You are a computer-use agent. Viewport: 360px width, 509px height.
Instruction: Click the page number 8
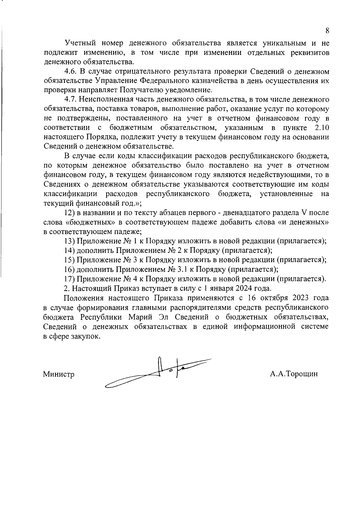[327, 31]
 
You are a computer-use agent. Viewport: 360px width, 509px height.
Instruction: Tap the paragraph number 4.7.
[70, 99]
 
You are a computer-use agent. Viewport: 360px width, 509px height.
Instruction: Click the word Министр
[59, 374]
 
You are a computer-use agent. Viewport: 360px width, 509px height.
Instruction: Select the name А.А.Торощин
[294, 374]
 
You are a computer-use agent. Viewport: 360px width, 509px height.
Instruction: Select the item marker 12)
[69, 213]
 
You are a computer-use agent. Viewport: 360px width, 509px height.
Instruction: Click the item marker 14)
[69, 250]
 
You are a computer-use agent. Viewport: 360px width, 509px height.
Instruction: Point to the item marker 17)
[69, 279]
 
